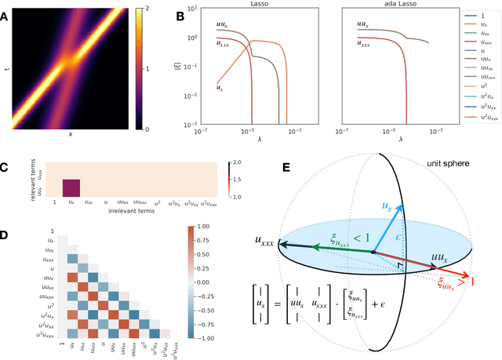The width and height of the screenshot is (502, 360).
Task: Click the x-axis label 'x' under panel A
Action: [71, 134]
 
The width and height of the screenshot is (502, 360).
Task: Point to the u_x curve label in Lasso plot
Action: [222, 77]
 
